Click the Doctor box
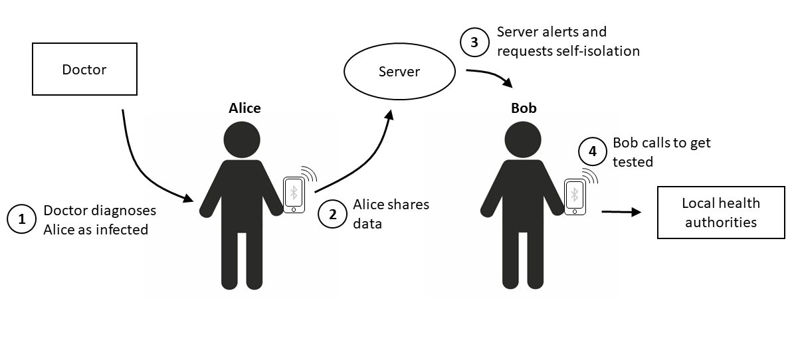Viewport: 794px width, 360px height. tap(84, 69)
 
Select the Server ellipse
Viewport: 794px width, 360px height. tap(399, 71)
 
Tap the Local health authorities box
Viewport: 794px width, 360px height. tap(721, 212)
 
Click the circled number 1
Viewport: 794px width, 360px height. tap(22, 219)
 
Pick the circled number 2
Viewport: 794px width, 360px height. tap(333, 214)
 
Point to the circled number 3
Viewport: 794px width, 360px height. tap(474, 42)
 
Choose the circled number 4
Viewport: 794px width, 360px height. tap(593, 151)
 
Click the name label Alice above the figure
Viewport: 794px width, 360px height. tap(245, 108)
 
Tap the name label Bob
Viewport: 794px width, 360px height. tap(524, 108)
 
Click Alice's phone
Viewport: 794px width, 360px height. tap(294, 195)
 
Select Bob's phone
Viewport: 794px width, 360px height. tap(575, 197)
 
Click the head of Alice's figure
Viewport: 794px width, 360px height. tap(242, 139)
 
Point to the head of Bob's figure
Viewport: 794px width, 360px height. tap(523, 139)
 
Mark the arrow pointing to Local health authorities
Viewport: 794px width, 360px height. tap(621, 212)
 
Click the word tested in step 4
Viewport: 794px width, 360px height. tap(633, 161)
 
